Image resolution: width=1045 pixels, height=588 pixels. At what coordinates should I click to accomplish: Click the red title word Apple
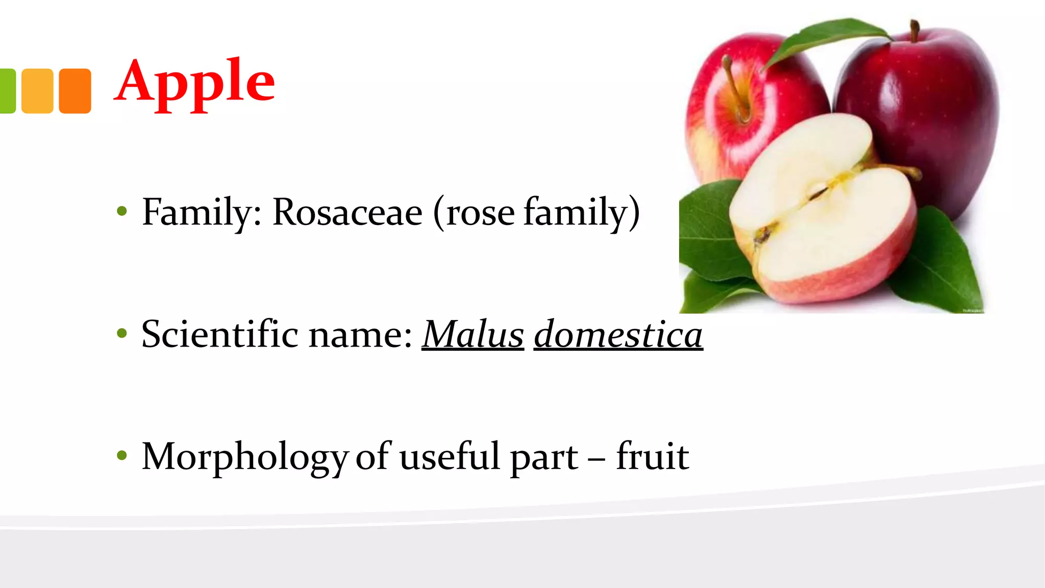point(194,83)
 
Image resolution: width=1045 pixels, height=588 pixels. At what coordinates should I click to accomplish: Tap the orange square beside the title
point(75,91)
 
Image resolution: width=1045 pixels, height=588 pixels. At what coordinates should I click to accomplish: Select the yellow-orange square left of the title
point(37,91)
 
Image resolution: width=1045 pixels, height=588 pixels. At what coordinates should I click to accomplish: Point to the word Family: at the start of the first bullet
point(202,213)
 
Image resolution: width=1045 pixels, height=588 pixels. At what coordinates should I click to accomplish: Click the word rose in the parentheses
point(480,214)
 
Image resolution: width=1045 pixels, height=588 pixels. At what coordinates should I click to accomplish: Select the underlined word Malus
point(473,334)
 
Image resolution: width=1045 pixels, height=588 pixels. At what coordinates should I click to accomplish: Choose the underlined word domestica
point(618,334)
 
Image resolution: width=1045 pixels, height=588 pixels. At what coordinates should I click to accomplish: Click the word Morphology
point(245,458)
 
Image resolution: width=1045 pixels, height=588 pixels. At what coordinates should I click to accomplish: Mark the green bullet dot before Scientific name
point(121,334)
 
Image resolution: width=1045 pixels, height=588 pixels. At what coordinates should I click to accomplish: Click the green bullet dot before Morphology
point(121,455)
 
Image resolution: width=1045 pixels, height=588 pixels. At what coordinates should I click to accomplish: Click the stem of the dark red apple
point(914,31)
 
